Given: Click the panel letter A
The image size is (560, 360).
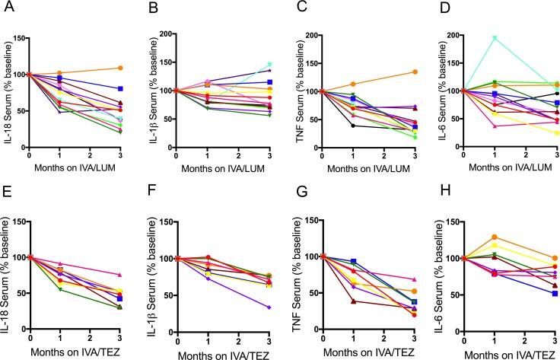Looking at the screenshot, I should (x=5, y=8).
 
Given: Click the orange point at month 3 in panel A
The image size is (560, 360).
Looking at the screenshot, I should (x=120, y=68).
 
